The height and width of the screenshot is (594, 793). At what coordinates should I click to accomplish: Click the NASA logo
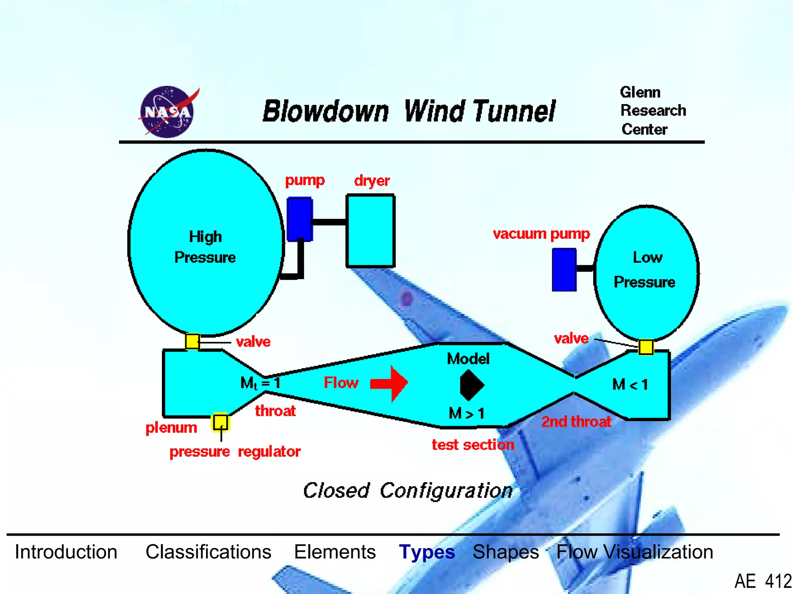168,112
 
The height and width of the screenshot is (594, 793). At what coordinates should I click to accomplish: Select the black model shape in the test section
471,385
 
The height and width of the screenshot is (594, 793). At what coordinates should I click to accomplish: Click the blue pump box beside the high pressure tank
299,219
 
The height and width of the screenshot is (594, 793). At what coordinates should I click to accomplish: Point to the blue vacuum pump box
564,270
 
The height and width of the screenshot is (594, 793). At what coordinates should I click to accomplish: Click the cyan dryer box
371,231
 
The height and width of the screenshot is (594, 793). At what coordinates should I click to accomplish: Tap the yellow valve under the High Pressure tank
192,341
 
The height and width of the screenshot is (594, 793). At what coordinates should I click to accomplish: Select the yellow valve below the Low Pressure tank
645,347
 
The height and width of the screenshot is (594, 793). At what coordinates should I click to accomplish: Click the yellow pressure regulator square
221,422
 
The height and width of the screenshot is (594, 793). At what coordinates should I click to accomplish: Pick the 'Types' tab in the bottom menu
427,552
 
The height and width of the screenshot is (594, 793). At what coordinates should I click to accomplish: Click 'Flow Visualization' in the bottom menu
634,552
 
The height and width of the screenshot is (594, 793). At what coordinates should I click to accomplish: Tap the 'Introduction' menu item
66,552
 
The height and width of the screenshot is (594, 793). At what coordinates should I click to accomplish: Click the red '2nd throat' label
576,422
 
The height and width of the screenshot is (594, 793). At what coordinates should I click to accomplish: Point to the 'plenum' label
171,428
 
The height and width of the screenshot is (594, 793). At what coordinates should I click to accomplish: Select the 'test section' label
473,445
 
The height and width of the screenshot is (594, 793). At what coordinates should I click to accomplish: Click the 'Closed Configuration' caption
407,491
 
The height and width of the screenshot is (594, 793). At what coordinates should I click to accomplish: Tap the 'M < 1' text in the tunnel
630,385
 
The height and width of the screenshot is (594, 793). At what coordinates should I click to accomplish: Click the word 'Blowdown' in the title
325,111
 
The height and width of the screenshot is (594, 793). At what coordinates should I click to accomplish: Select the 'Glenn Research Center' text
652,111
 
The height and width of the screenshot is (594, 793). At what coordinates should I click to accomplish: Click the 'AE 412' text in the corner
762,581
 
